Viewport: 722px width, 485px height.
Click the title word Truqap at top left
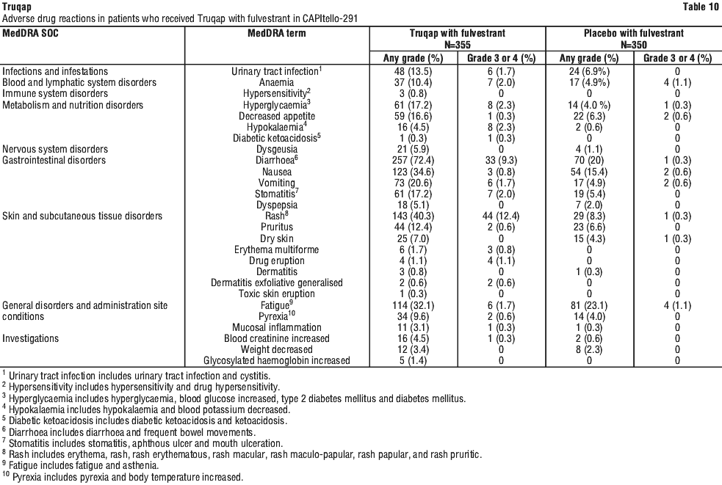click(x=16, y=7)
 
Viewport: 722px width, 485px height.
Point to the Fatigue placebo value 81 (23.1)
click(x=591, y=305)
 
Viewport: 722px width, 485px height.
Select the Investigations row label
click(x=32, y=338)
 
